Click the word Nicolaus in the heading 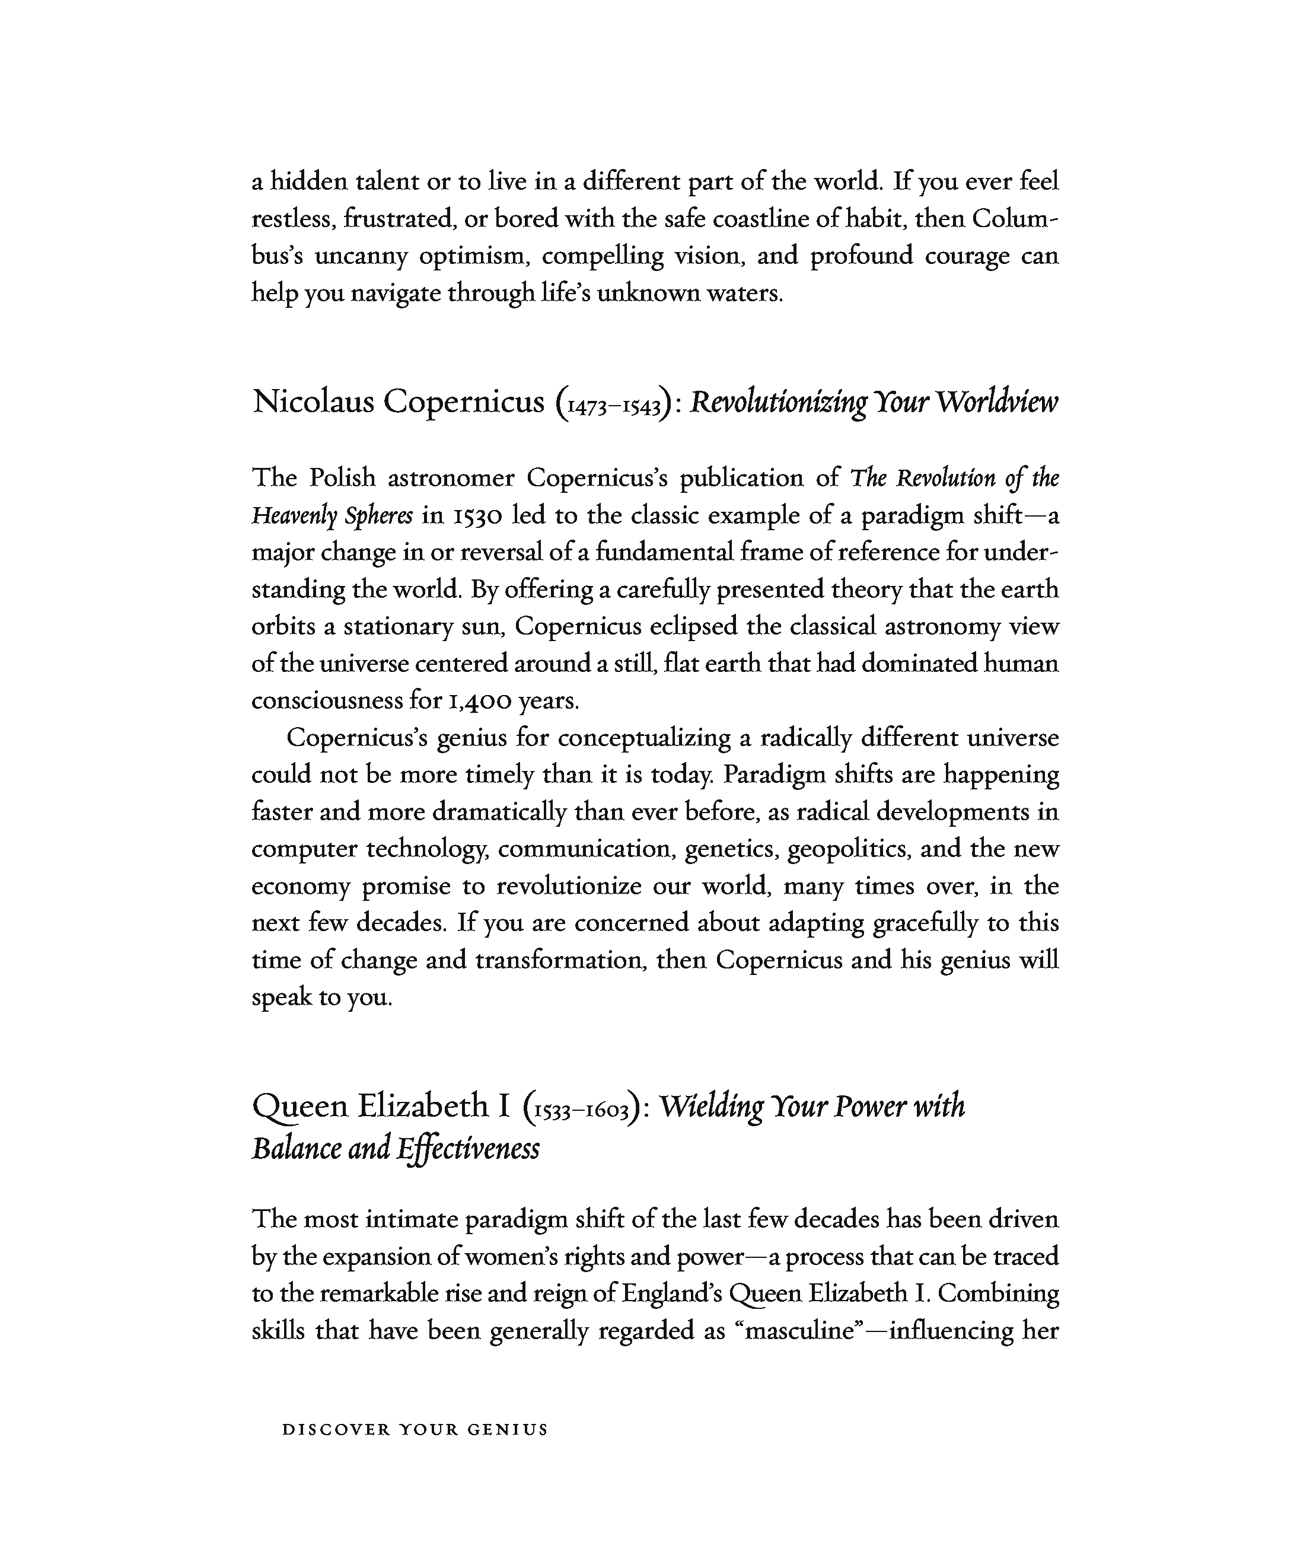[313, 402]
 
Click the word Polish [342, 477]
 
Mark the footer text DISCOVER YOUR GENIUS [415, 1430]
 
